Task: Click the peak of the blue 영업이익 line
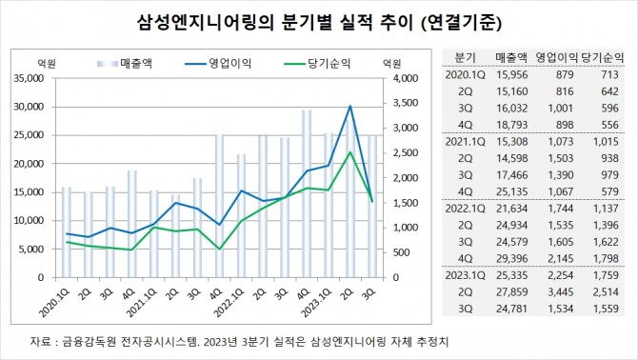pos(350,106)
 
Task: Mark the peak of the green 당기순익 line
pos(350,152)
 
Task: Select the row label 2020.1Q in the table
pos(466,74)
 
